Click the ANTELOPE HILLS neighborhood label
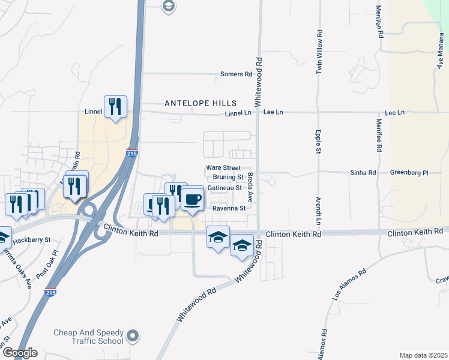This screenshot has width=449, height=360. pos(200,103)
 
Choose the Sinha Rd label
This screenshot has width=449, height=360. pos(363,173)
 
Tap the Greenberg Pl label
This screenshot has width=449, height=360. pos(409,173)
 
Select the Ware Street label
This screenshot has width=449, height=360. pos(223,168)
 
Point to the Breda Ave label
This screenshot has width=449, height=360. pos(251,187)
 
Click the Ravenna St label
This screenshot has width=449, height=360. pos(229,208)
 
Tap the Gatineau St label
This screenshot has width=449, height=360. pos(224,188)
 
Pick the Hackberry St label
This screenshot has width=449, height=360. pos(34,239)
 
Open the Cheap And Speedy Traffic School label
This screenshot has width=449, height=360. pos(88,337)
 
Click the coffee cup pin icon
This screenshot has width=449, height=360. pos(192,199)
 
